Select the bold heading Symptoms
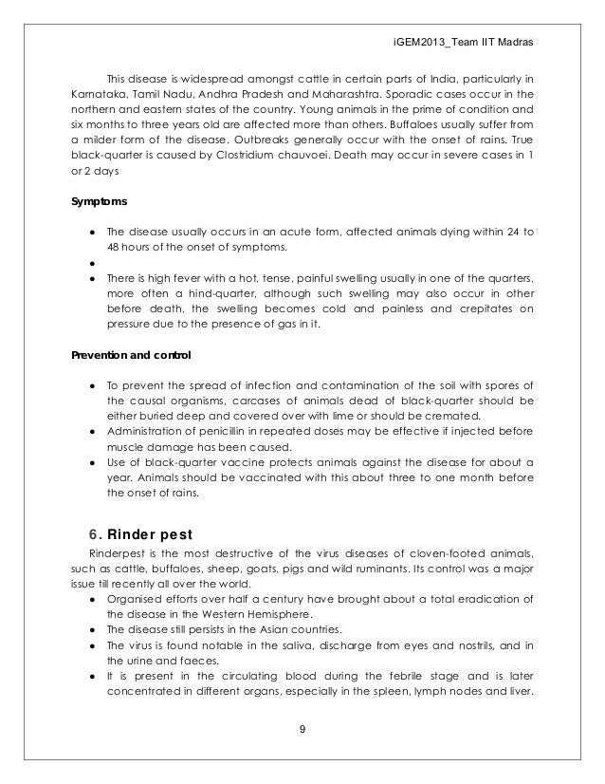[98, 202]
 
